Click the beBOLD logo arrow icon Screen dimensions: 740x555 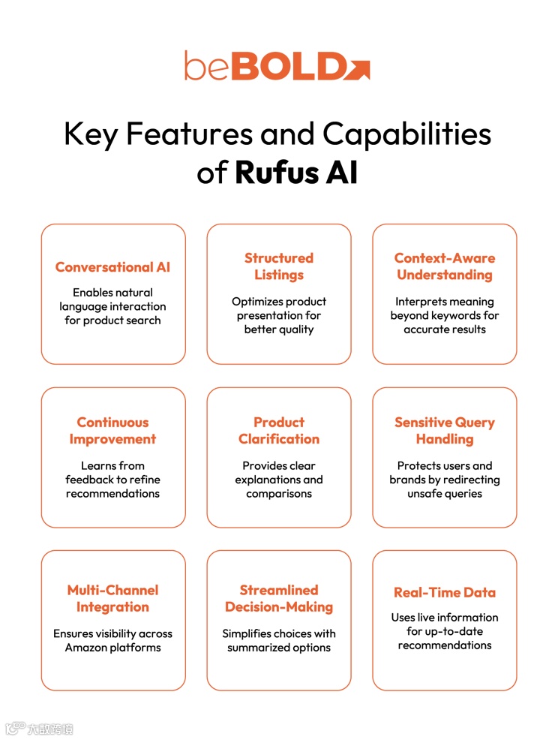358,67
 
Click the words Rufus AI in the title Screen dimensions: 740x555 296,173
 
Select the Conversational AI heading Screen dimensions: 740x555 113,267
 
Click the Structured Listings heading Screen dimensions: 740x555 279,266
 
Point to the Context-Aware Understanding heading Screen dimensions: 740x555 445,266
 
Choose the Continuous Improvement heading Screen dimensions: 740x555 113,431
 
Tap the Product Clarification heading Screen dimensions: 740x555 279,431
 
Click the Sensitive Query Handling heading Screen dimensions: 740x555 445,431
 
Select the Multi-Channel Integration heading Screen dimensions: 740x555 113,598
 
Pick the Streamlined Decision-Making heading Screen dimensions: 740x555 279,598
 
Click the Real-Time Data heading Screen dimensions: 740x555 445,592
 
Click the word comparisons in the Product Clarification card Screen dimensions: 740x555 279,493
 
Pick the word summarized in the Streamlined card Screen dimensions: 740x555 261,648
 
